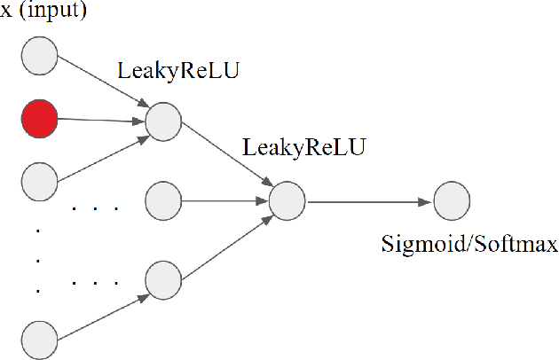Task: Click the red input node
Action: click(39, 119)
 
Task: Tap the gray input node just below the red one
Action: click(39, 181)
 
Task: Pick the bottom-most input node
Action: click(39, 340)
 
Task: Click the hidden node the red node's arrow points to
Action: click(162, 121)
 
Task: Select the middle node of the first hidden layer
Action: click(162, 200)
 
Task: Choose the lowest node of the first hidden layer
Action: click(162, 280)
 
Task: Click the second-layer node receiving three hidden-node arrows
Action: click(287, 200)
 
